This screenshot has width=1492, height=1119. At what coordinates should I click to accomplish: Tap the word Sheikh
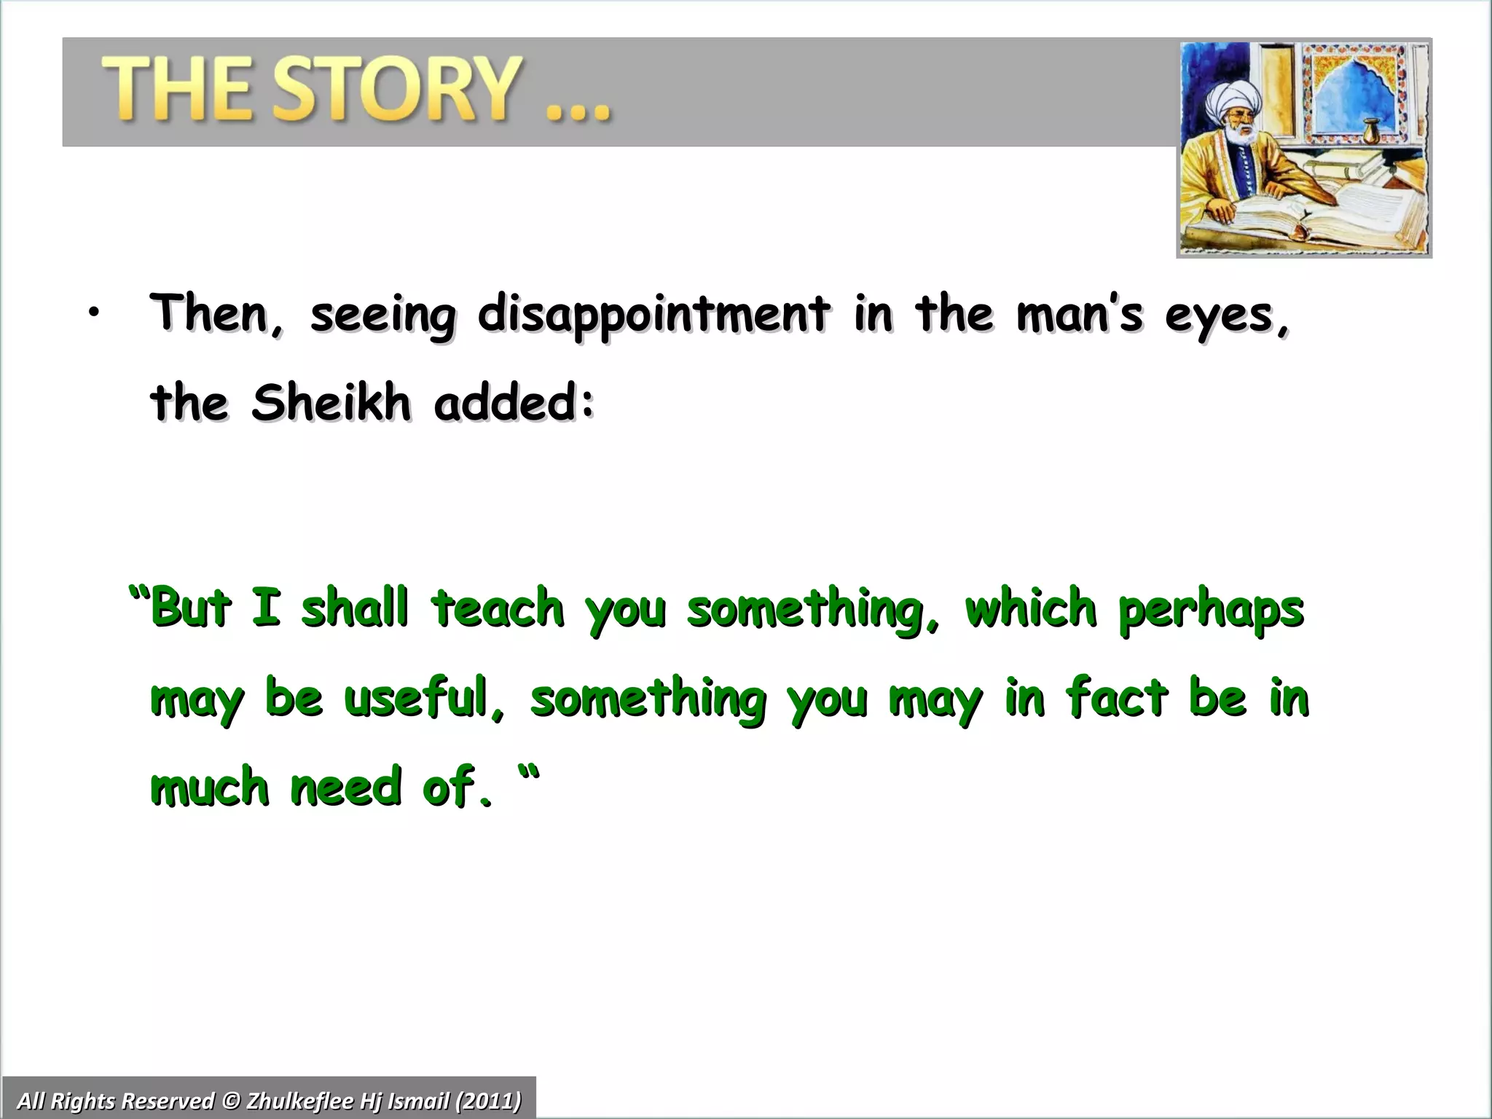[331, 403]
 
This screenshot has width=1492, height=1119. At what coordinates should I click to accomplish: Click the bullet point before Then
[92, 314]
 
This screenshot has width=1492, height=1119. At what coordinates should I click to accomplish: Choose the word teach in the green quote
[498, 609]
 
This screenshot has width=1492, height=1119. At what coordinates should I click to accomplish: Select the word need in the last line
[345, 787]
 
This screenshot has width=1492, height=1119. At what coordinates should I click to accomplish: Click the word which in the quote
[1030, 609]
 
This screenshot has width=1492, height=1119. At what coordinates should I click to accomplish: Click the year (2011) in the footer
[488, 1100]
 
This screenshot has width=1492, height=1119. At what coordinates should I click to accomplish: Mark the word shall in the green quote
[354, 609]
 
